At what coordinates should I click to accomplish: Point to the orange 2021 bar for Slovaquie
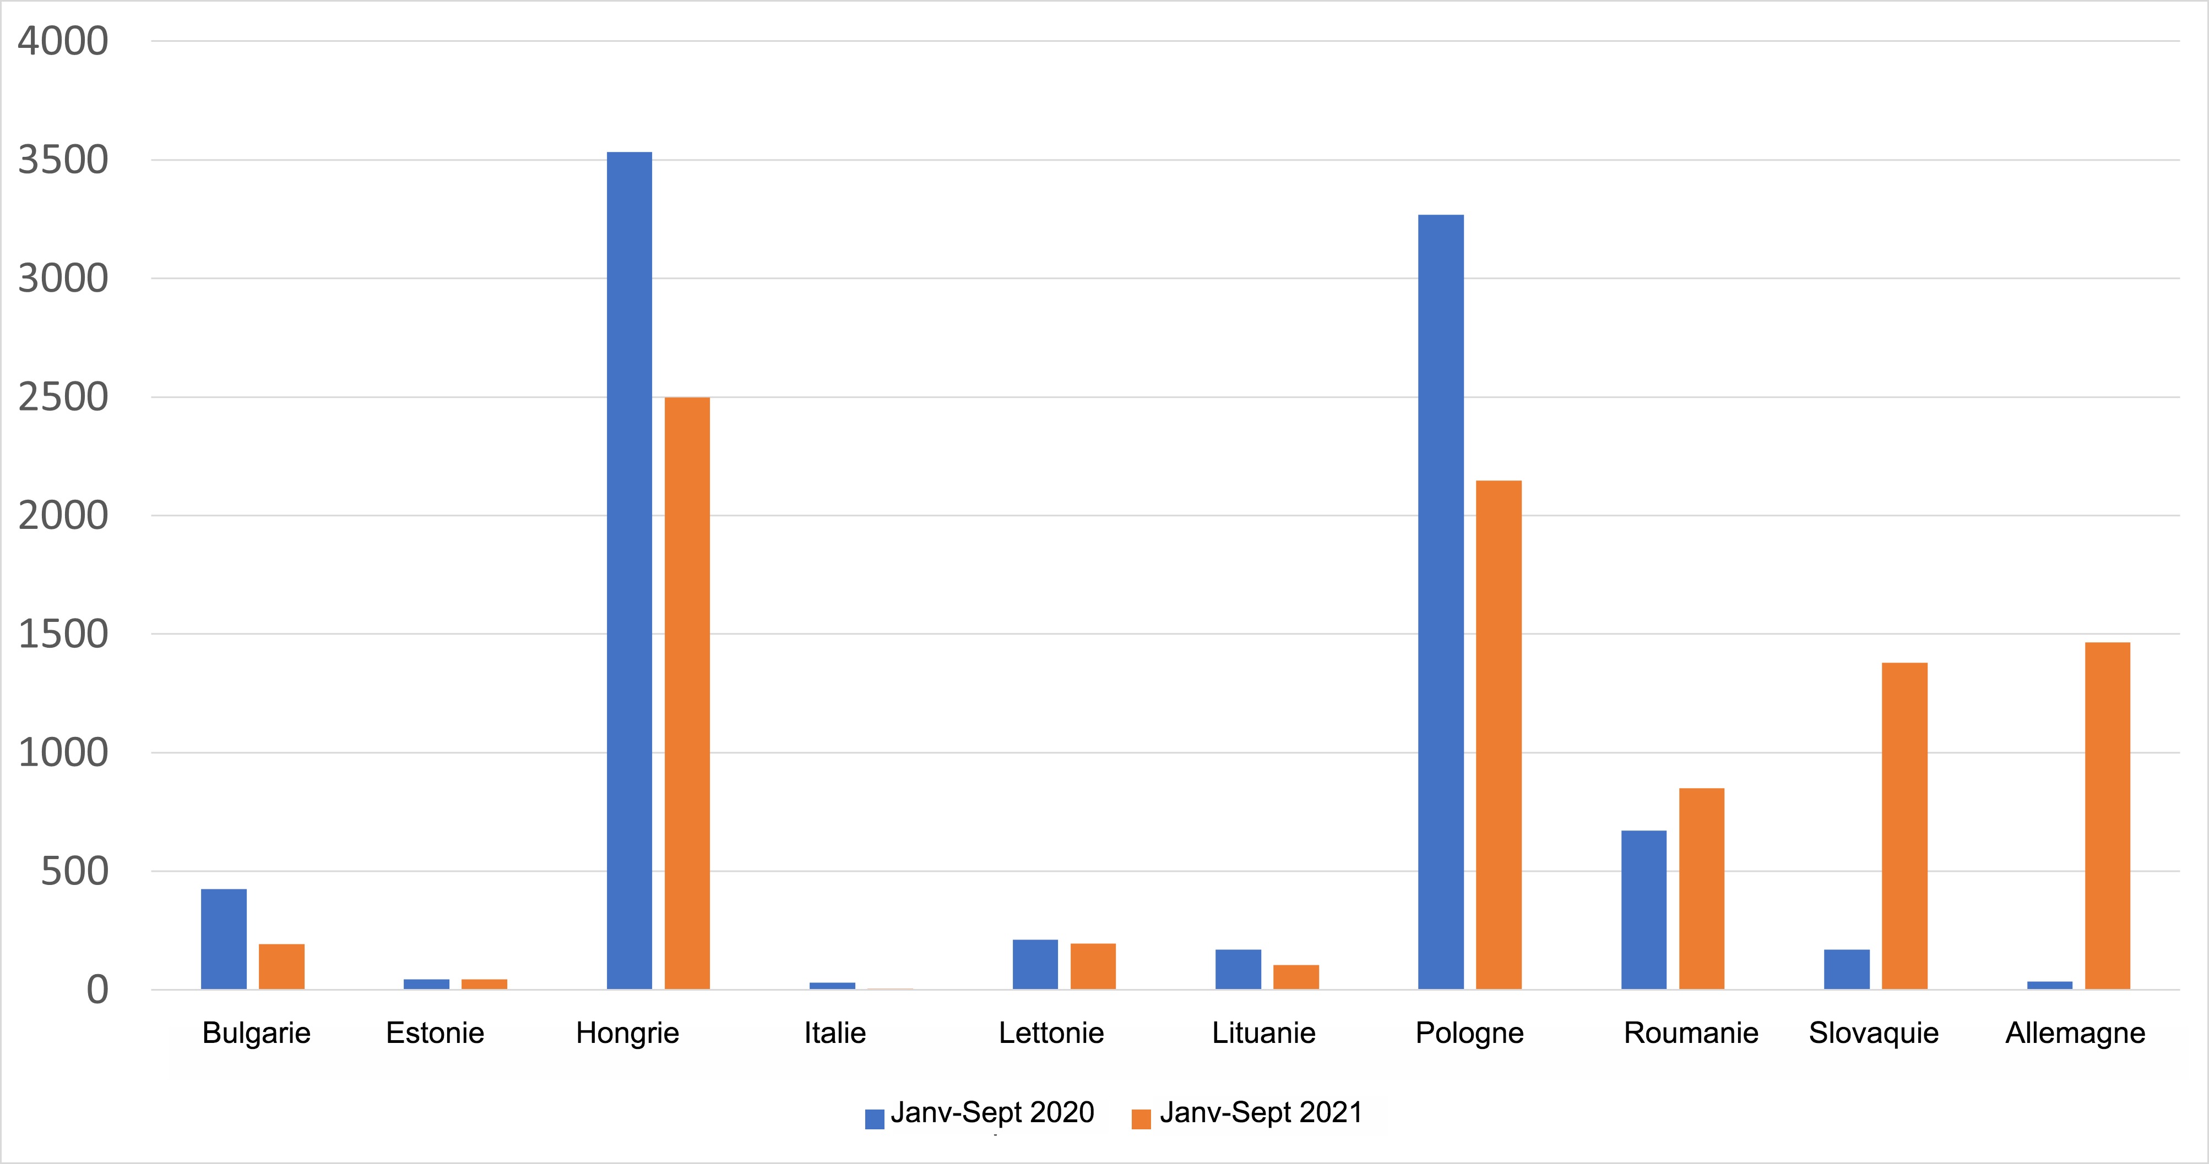(x=1904, y=826)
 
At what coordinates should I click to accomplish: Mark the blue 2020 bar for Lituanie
(x=1238, y=969)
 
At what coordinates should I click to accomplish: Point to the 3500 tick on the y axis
(x=63, y=160)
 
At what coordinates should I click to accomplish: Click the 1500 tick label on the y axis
(x=63, y=635)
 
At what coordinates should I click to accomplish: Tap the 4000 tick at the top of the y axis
(x=63, y=41)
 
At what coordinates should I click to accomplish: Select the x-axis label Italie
(x=834, y=1033)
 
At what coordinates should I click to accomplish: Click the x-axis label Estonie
(x=435, y=1033)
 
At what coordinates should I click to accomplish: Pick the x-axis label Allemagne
(x=2075, y=1033)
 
